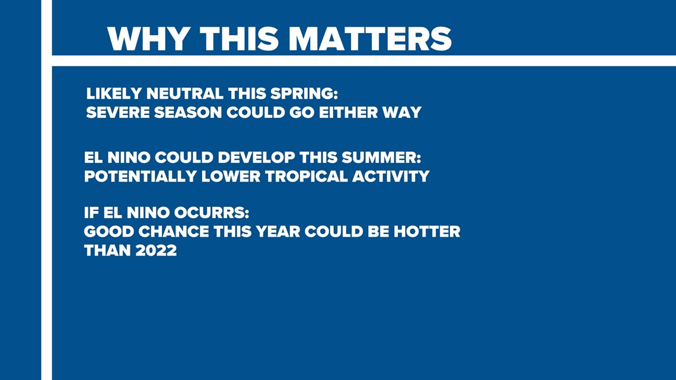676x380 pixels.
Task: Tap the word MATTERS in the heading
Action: point(371,39)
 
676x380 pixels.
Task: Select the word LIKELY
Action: point(114,94)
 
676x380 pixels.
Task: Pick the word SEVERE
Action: point(117,113)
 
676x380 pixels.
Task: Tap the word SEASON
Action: point(188,113)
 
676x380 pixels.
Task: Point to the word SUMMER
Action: point(381,157)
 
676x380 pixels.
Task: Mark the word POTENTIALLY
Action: point(140,176)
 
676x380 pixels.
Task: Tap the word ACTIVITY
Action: point(391,176)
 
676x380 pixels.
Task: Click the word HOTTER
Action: point(427,231)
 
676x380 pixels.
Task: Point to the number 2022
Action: point(156,250)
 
